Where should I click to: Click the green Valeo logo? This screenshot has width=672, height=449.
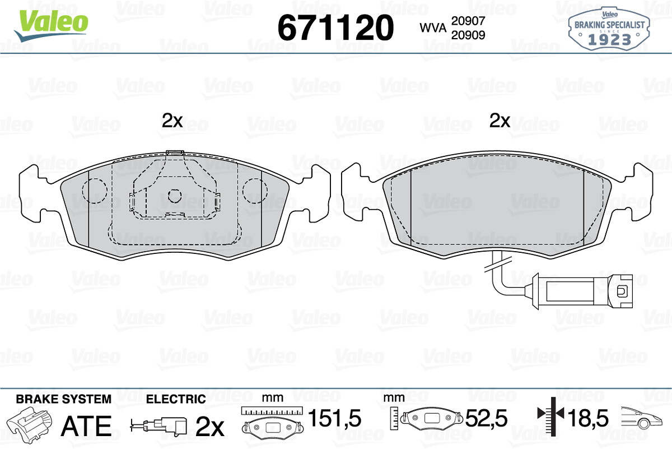pos(52,25)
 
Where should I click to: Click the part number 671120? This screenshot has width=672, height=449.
pos(335,27)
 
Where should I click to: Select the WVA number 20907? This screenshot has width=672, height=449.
pos(468,21)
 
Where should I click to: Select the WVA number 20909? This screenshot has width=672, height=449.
pos(468,35)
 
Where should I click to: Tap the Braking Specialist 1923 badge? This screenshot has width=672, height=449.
pos(609,29)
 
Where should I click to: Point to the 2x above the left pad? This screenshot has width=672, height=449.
pos(172,121)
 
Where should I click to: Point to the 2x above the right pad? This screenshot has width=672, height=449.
pos(500,121)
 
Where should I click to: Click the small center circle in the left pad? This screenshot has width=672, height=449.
pos(175,196)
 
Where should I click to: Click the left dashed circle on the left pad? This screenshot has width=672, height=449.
pos(95,191)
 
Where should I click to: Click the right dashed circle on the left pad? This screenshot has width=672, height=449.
pos(255,191)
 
